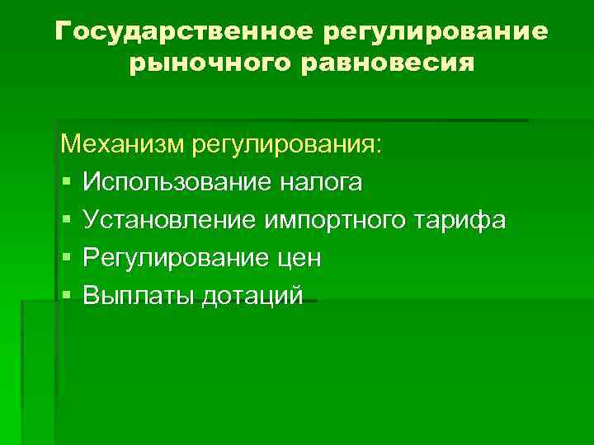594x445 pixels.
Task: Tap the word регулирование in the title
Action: tap(436, 33)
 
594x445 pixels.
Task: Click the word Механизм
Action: tap(124, 145)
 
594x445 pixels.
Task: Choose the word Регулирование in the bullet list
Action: tap(171, 258)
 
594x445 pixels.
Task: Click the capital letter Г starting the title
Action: tap(64, 32)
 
